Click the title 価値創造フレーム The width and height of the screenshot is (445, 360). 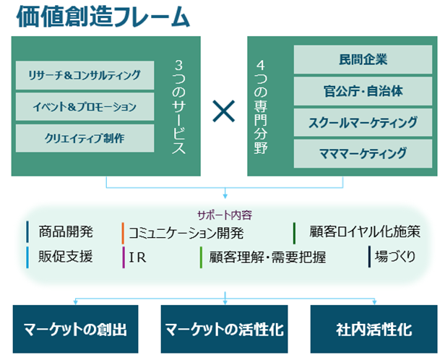pos(103,17)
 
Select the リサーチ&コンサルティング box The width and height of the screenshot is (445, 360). pos(85,75)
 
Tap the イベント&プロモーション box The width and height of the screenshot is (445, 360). pos(85,107)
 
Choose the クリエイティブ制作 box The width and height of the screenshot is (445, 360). pos(85,138)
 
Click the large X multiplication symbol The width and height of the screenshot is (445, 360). pos(224,111)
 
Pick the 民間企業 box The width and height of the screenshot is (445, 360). pos(363,59)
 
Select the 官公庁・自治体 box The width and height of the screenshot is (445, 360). pos(363,91)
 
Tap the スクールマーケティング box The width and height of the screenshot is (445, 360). pos(363,122)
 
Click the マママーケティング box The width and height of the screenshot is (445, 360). pos(363,153)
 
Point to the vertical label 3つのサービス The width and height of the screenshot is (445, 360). pos(179,107)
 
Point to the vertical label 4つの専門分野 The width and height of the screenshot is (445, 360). pos(261,107)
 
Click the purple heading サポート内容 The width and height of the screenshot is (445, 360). pos(225,215)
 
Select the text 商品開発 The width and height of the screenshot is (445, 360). pos(66,231)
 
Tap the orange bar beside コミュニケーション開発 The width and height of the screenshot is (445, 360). pos(123,233)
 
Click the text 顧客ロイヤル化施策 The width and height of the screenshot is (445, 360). pos(365,231)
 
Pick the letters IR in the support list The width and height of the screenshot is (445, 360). pos(138,258)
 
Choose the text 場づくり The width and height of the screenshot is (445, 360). pos(395,257)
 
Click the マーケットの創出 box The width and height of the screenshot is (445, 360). pos(75,329)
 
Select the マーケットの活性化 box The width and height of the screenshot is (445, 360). pos(224,329)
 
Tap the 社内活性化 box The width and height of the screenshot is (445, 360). pos(373,329)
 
